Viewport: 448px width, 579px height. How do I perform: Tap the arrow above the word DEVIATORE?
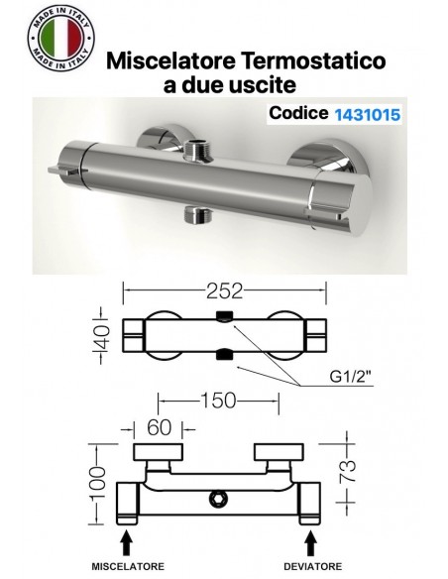tap(311, 539)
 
